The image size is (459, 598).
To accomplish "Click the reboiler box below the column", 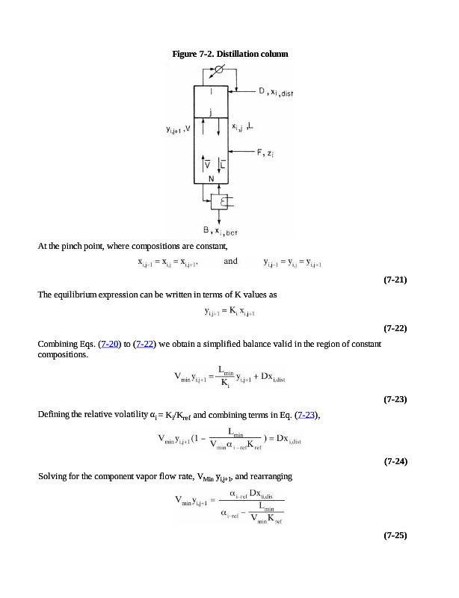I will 221,202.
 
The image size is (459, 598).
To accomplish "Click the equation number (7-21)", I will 394,280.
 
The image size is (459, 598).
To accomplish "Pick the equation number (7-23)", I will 394,399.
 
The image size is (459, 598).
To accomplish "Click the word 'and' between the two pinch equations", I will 231,261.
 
